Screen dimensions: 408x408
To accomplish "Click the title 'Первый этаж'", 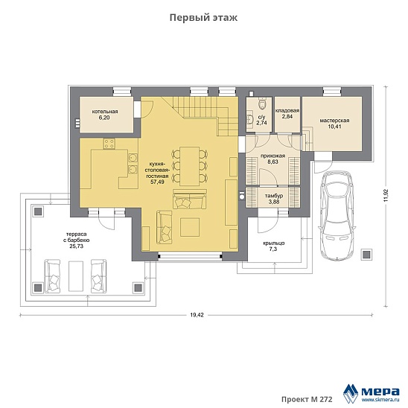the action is pyautogui.click(x=203, y=18).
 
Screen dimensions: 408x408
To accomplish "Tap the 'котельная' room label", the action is pyautogui.click(x=105, y=112).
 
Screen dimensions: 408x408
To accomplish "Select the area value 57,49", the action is pyautogui.click(x=157, y=182).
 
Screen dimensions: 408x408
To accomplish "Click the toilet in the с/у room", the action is pyautogui.click(x=262, y=103).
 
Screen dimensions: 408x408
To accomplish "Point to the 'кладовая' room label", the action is pyautogui.click(x=287, y=111).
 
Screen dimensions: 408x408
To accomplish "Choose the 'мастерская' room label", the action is pyautogui.click(x=334, y=121).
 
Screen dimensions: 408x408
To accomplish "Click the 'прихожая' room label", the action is pyautogui.click(x=273, y=156).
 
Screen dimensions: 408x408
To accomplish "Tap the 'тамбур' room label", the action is pyautogui.click(x=274, y=196).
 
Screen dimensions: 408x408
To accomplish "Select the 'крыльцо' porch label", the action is pyautogui.click(x=274, y=243).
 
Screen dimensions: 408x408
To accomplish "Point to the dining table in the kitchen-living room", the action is pyautogui.click(x=190, y=166).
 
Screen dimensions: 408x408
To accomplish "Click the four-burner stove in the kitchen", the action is pyautogui.click(x=109, y=144).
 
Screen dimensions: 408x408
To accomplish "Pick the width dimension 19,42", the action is pyautogui.click(x=197, y=315).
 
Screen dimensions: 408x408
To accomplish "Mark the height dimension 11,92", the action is pyautogui.click(x=386, y=195).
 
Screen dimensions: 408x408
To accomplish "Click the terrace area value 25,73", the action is pyautogui.click(x=76, y=246).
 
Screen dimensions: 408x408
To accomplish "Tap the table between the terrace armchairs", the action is pyautogui.click(x=76, y=276).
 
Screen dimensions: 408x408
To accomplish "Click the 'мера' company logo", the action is pyautogui.click(x=372, y=392).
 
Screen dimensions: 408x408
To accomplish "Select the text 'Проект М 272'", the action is pyautogui.click(x=307, y=399).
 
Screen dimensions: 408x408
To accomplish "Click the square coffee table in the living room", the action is pyautogui.click(x=190, y=227).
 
